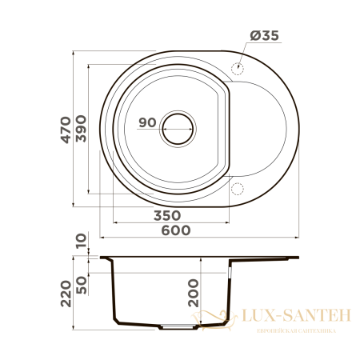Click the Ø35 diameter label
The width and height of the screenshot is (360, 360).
click(264, 35)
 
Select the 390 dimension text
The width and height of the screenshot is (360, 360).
click(94, 126)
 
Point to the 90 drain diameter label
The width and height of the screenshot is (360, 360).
click(146, 122)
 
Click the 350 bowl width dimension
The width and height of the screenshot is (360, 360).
click(166, 215)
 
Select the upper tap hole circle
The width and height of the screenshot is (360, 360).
click(237, 68)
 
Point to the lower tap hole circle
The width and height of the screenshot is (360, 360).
click(237, 190)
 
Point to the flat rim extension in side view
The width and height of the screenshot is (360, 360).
click(264, 258)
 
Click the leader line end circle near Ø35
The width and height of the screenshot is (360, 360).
click(237, 68)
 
